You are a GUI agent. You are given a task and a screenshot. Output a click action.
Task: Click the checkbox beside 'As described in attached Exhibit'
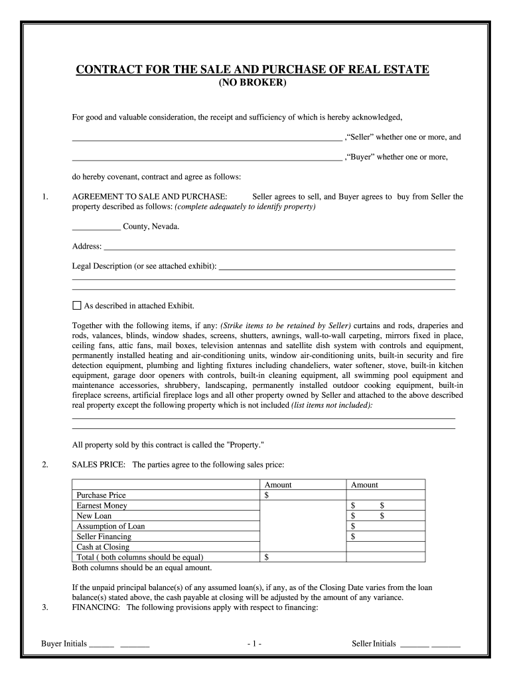pos(76,306)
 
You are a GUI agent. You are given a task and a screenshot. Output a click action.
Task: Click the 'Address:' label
pos(86,247)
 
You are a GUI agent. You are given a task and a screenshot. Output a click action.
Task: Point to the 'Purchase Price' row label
pos(101,495)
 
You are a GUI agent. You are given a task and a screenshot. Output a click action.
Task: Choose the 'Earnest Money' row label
pos(102,505)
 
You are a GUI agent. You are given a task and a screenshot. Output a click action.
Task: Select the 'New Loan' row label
pos(94,516)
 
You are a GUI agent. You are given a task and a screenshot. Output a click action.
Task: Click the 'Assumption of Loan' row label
pos(111,526)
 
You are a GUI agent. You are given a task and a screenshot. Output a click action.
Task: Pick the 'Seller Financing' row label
pos(104,536)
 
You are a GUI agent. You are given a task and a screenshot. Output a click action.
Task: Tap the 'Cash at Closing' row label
pos(102,547)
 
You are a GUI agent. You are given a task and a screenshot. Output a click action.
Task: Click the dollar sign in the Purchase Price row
pos(267,495)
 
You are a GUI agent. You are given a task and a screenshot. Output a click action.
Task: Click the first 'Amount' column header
pos(278,485)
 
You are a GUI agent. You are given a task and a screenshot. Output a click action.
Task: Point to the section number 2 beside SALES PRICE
pos(44,465)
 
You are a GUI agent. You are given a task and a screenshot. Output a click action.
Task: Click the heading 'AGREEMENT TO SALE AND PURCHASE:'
pos(150,197)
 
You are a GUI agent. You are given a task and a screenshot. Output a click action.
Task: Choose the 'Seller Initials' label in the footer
pos(374,644)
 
